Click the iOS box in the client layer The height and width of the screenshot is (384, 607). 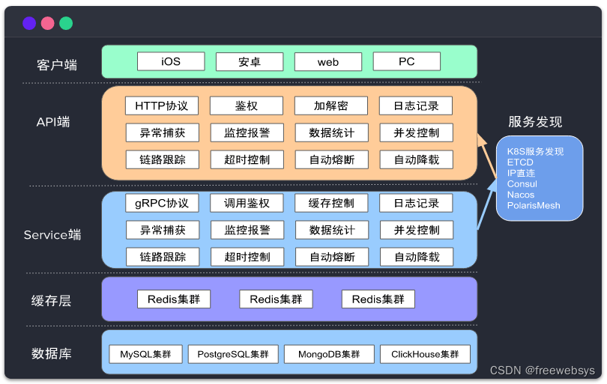pyautogui.click(x=171, y=61)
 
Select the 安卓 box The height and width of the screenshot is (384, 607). pyautogui.click(x=250, y=61)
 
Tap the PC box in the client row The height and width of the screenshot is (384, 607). pyautogui.click(x=407, y=61)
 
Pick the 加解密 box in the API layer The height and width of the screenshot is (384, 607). pyautogui.click(x=331, y=106)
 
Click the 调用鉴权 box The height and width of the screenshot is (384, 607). pyautogui.click(x=247, y=203)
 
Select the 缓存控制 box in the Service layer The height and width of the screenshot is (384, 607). pyautogui.click(x=331, y=203)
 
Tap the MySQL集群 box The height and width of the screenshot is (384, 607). pyautogui.click(x=146, y=354)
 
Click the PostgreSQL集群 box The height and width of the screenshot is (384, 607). pyautogui.click(x=233, y=354)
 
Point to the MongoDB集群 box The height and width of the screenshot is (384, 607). pyautogui.click(x=329, y=354)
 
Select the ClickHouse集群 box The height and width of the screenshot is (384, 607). pyautogui.click(x=425, y=354)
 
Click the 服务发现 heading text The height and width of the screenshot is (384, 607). pyautogui.click(x=535, y=122)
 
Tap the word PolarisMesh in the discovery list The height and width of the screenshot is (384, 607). pyautogui.click(x=534, y=205)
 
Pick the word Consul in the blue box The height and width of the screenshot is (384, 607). pyautogui.click(x=522, y=184)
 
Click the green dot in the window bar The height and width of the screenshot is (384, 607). pyautogui.click(x=66, y=23)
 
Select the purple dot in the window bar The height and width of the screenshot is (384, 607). pyautogui.click(x=29, y=23)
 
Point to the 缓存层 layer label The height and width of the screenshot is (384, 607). pyautogui.click(x=51, y=301)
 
